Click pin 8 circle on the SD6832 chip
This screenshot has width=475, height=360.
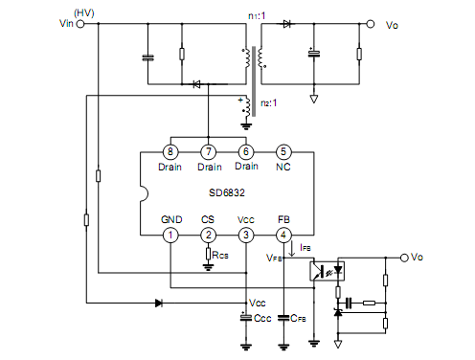point(170,151)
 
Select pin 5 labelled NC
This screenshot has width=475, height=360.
point(283,151)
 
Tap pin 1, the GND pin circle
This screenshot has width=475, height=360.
point(170,236)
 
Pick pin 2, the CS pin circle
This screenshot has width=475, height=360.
point(208,236)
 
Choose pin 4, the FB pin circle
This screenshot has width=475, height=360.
point(283,236)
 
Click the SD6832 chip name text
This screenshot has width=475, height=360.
point(227,192)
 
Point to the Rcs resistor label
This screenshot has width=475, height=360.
point(220,255)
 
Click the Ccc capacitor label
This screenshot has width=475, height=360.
point(262,318)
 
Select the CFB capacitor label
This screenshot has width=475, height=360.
point(298,318)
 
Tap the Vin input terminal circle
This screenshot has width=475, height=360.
point(80,24)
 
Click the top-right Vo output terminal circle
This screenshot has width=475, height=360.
point(370,24)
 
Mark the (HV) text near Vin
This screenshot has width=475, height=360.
point(84,13)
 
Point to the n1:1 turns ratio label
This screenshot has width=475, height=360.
point(257,15)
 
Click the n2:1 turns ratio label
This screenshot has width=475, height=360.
point(269,103)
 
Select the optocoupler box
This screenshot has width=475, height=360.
point(328,271)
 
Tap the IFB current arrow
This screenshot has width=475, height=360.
point(291,249)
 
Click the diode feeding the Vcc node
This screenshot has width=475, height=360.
point(159,303)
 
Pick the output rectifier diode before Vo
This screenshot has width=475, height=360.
point(287,24)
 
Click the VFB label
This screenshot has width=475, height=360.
point(274,258)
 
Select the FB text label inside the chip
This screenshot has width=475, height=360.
point(283,219)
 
